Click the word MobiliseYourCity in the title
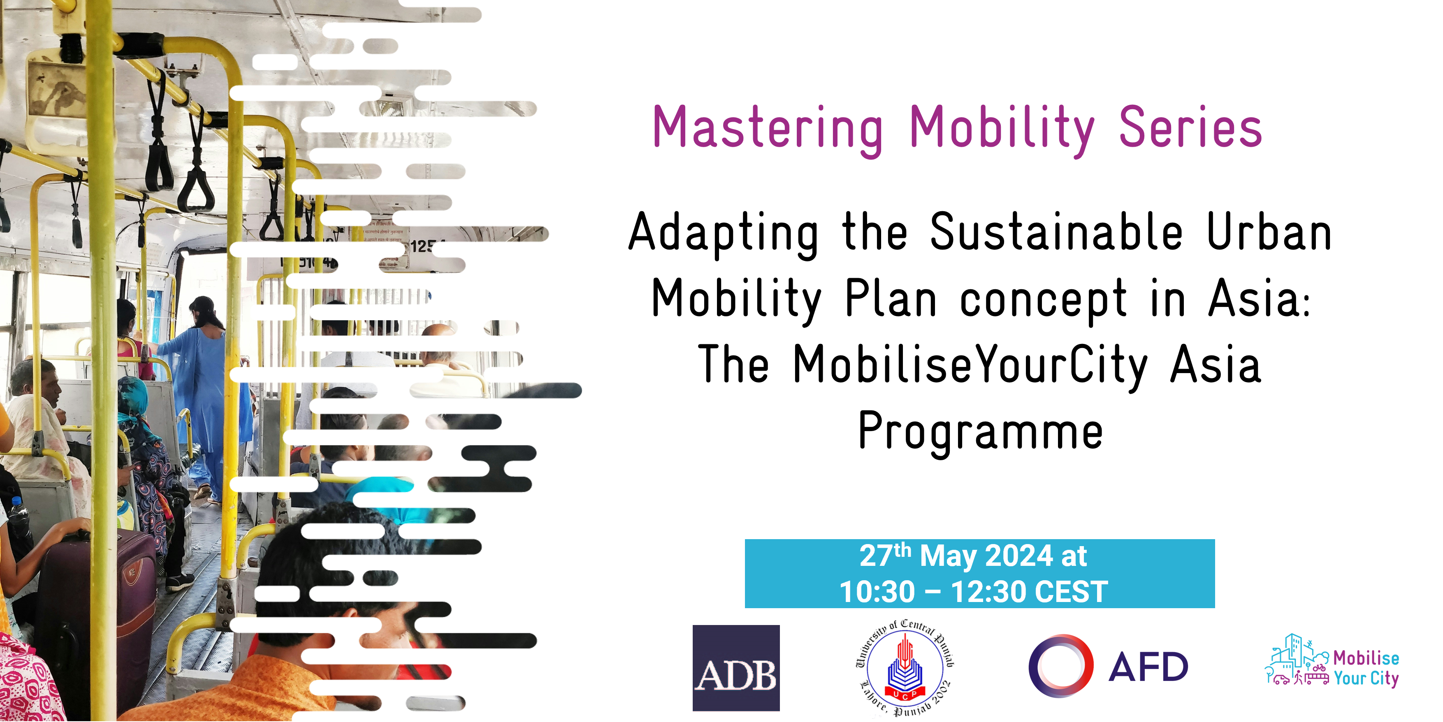[970, 364]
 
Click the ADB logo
[736, 668]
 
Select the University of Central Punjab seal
[905, 668]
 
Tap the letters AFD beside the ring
[1148, 667]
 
